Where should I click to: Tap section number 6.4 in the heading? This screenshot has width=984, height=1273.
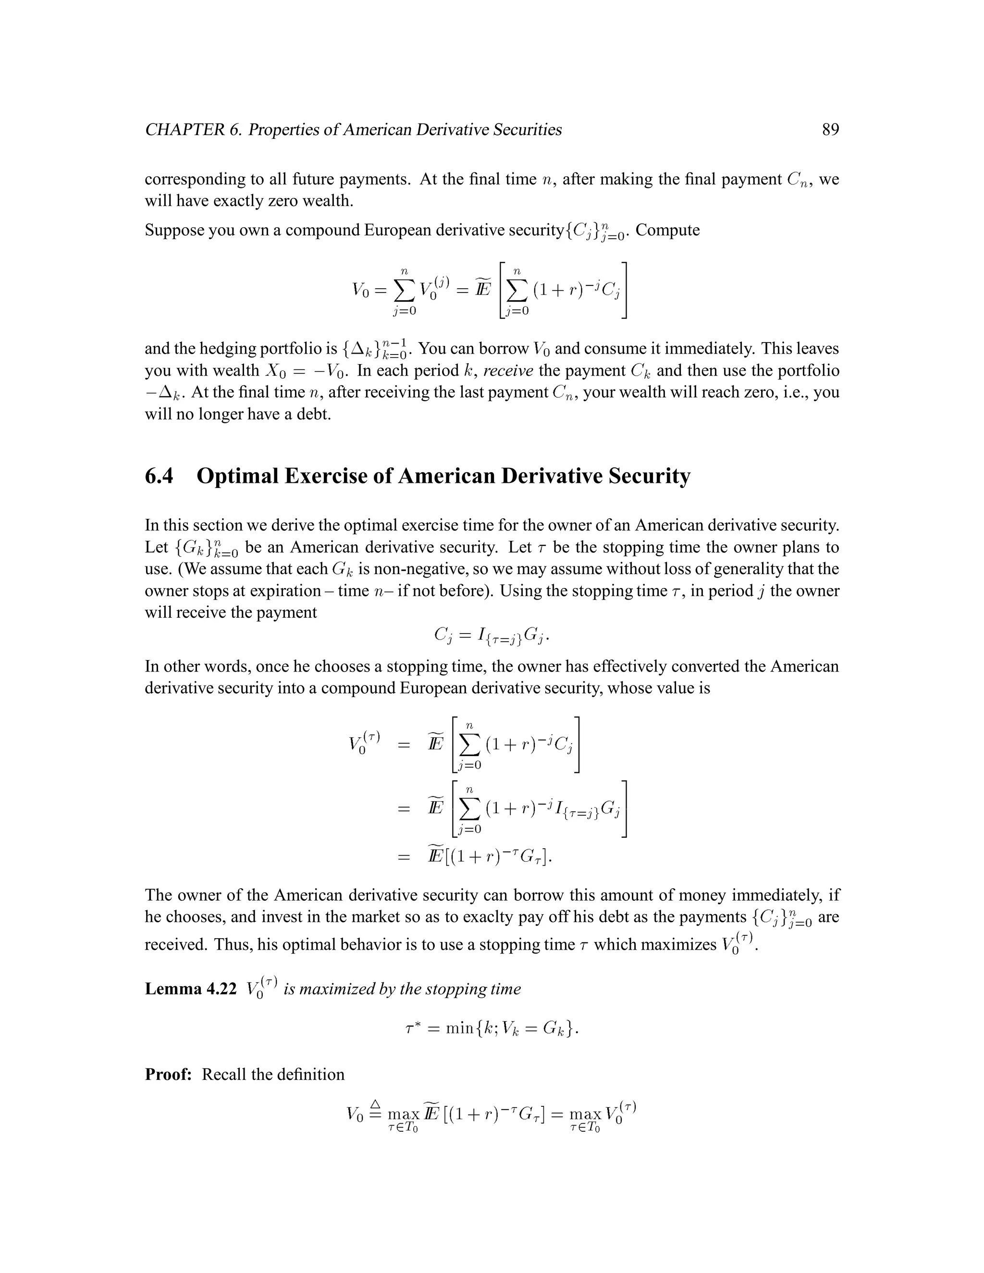159,476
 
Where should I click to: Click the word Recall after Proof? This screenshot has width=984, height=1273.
224,1074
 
